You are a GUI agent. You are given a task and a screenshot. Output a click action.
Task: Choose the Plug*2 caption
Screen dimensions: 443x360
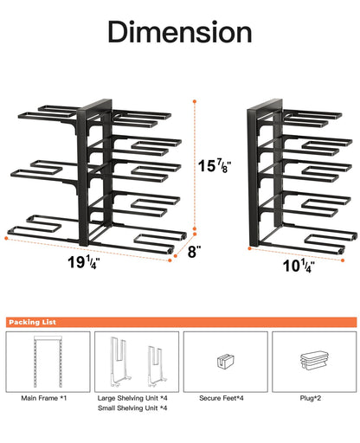312,397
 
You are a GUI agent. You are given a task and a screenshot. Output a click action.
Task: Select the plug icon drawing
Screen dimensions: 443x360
312,361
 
